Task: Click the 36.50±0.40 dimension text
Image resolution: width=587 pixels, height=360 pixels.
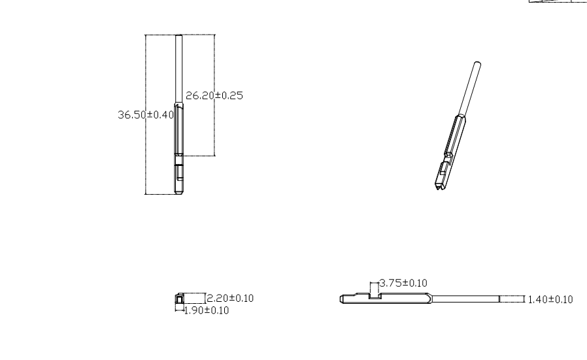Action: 146,114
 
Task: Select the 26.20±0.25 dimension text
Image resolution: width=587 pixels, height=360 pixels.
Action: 214,95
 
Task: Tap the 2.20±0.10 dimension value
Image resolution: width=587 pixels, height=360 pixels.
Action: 230,298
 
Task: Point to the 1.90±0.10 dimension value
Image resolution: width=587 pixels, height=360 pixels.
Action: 207,310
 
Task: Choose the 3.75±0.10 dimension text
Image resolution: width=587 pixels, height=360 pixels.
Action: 403,283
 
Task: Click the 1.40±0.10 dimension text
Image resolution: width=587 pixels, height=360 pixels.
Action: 550,299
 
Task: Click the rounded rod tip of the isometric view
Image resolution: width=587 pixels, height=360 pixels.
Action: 477,65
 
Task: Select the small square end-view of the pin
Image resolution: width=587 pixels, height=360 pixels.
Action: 179,299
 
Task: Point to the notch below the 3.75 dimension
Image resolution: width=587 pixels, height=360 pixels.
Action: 375,296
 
